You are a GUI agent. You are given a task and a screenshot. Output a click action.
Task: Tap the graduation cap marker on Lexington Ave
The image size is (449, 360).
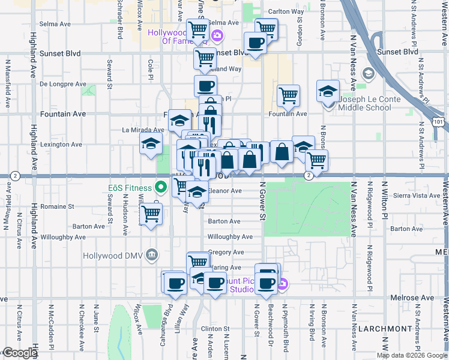tap(151, 143)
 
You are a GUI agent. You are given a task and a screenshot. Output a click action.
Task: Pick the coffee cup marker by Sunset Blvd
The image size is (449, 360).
tap(255, 43)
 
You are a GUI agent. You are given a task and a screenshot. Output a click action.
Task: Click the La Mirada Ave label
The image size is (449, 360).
tap(143, 129)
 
